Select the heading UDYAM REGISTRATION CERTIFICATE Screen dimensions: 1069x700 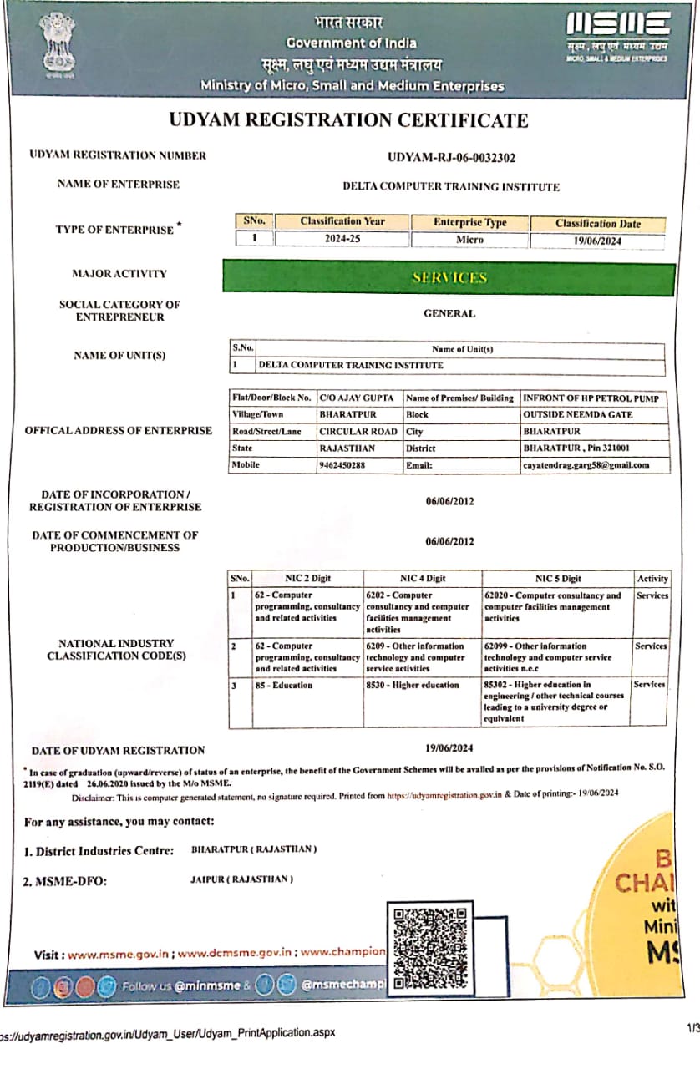pyautogui.click(x=348, y=120)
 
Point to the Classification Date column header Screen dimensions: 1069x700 pyautogui.click(x=597, y=224)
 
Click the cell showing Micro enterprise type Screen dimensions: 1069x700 pyautogui.click(x=469, y=240)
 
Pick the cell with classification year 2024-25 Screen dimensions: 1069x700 pyautogui.click(x=342, y=240)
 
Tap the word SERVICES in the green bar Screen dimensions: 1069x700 pyautogui.click(x=449, y=277)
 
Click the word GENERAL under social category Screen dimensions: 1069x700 pyautogui.click(x=449, y=314)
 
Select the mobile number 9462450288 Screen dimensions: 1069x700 pyautogui.click(x=342, y=465)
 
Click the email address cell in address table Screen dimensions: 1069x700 pyautogui.click(x=585, y=465)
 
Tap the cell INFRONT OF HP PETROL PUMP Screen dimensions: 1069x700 pyautogui.click(x=591, y=398)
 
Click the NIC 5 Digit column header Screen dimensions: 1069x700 pyautogui.click(x=558, y=578)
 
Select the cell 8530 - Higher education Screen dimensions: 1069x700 pyautogui.click(x=413, y=686)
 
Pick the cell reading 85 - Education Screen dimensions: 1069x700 pyautogui.click(x=284, y=686)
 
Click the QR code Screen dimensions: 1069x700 pyautogui.click(x=429, y=947)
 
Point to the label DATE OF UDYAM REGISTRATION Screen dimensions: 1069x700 pyautogui.click(x=118, y=750)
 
